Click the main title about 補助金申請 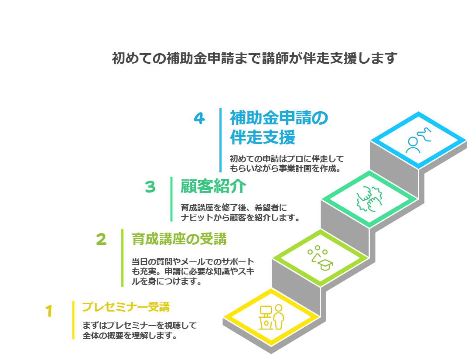pos(254,58)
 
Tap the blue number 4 pos(199,118)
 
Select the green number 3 pos(150,187)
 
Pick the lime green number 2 pos(101,239)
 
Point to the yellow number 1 pos(49,311)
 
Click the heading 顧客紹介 pos(213,187)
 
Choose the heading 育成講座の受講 pos(179,239)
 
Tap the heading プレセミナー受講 pos(126,307)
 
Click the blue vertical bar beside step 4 pos(221,140)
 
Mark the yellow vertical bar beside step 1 pos(73,320)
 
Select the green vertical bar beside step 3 pos(171,199)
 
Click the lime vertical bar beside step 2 pos(123,257)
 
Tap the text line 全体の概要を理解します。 pos(130,336)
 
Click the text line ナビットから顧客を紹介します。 pos(240,217)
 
